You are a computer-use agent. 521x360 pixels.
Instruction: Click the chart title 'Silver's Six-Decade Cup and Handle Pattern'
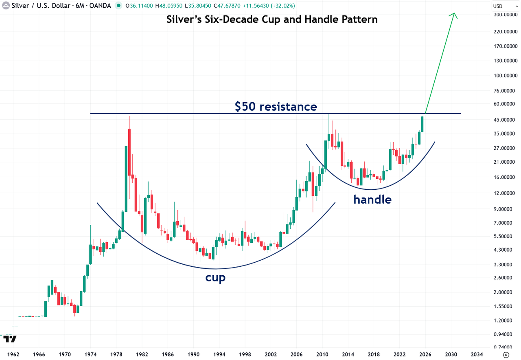coord(272,20)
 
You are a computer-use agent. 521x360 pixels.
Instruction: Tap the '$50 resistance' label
coord(276,107)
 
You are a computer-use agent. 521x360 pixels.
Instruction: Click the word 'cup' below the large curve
coord(215,278)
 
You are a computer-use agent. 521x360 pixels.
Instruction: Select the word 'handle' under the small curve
coord(372,200)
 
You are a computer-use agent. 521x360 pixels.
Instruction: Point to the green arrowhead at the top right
coord(454,15)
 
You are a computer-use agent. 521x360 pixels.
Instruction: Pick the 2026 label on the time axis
coord(425,354)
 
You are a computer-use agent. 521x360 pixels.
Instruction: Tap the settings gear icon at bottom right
coord(506,354)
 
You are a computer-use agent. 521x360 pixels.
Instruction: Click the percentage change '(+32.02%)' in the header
coord(282,6)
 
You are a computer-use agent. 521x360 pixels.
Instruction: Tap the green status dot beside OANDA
coord(118,6)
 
